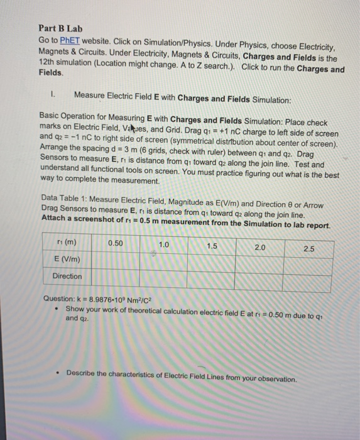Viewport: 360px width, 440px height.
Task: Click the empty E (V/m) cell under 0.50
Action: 116,260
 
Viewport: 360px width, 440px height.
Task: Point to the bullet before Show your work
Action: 57,310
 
